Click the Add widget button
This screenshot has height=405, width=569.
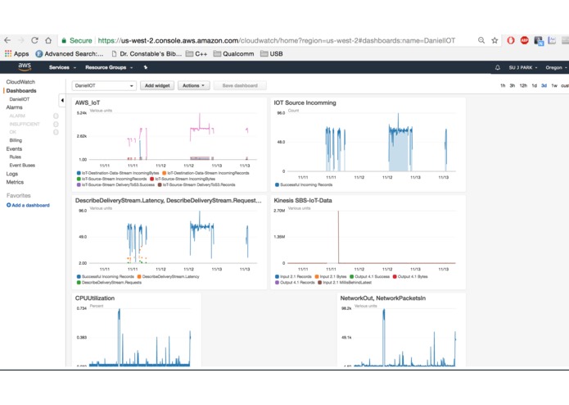tap(156, 85)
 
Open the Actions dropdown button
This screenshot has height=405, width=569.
tap(193, 85)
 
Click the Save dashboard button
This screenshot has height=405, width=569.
tap(240, 85)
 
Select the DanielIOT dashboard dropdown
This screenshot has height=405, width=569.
tap(104, 85)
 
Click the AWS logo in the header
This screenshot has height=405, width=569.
tap(25, 67)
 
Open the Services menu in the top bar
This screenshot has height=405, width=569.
tap(61, 67)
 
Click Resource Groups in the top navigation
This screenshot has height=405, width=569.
tap(108, 67)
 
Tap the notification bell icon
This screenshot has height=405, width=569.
tap(497, 67)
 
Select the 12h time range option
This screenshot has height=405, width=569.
tap(523, 85)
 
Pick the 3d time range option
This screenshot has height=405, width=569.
tap(544, 85)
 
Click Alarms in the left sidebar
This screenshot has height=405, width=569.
tap(15, 107)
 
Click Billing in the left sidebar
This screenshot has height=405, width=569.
tap(16, 140)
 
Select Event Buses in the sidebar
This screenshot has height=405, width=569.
tap(22, 165)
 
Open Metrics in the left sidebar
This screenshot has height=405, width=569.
tap(15, 182)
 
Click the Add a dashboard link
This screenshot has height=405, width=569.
tap(29, 205)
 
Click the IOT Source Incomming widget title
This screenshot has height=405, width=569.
tap(305, 102)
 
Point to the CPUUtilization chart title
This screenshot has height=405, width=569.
tap(95, 298)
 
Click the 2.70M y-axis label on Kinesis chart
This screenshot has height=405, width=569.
tap(278, 211)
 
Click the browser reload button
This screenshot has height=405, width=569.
tap(34, 40)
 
